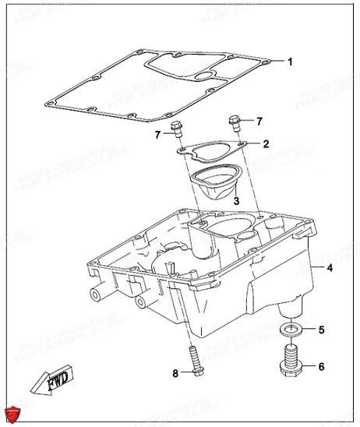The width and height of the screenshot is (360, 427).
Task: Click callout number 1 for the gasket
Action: coord(290,61)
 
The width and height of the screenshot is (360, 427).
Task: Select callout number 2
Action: coord(266,144)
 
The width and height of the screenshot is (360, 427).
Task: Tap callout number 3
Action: coord(236,200)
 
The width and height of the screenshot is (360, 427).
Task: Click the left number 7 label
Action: coord(156,136)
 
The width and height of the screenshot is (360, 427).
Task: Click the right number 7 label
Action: coord(259,121)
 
